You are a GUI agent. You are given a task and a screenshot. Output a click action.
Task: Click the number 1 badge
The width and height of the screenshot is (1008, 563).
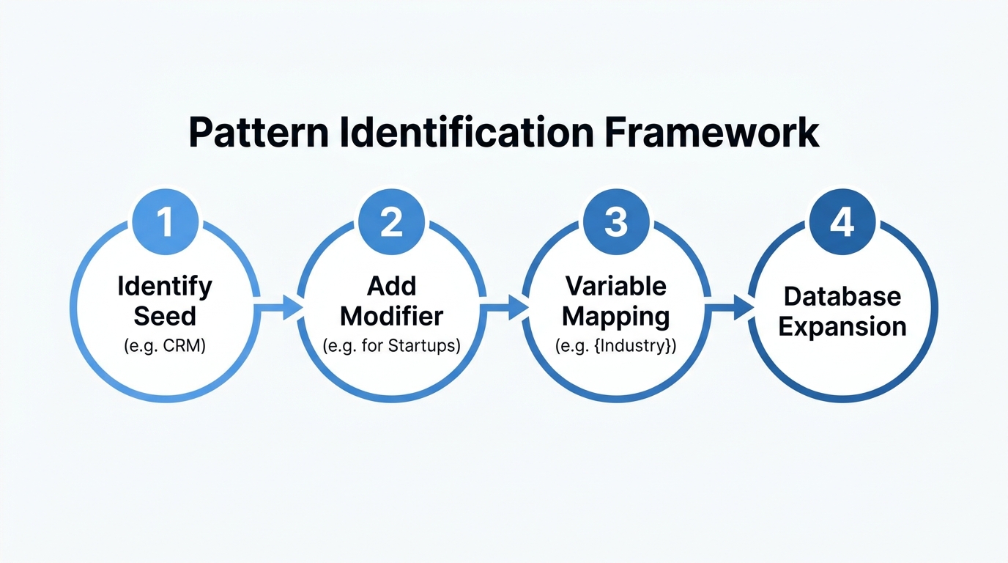pyautogui.click(x=166, y=221)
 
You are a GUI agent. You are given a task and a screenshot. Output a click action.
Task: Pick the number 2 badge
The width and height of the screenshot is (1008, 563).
pyautogui.click(x=391, y=221)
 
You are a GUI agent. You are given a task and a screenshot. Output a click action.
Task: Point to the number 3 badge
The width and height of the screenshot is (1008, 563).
pyautogui.click(x=616, y=221)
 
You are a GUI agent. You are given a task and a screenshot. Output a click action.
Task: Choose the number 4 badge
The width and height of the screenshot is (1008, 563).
pyautogui.click(x=842, y=221)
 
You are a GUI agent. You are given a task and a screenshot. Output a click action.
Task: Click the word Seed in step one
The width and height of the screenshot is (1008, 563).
pyautogui.click(x=165, y=316)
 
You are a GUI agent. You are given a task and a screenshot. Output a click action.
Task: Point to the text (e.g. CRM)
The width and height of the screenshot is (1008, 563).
pyautogui.click(x=165, y=346)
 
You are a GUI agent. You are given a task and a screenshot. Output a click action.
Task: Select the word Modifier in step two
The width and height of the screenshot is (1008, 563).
pyautogui.click(x=392, y=316)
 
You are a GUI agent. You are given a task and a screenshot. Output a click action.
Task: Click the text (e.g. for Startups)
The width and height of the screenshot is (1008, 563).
pyautogui.click(x=392, y=346)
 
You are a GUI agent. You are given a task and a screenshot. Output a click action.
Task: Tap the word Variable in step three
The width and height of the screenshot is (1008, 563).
pyautogui.click(x=616, y=286)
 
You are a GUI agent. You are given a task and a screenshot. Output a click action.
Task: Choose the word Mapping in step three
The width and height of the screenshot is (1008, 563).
pyautogui.click(x=616, y=316)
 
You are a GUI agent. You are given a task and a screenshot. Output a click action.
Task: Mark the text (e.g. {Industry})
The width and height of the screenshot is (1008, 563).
pyautogui.click(x=616, y=346)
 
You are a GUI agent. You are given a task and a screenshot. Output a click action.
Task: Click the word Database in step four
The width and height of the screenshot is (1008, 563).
pyautogui.click(x=842, y=297)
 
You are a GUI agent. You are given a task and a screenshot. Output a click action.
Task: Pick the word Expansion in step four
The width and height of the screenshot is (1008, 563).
pyautogui.click(x=842, y=327)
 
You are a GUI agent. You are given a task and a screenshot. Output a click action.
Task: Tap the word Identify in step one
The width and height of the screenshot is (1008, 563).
pyautogui.click(x=165, y=286)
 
